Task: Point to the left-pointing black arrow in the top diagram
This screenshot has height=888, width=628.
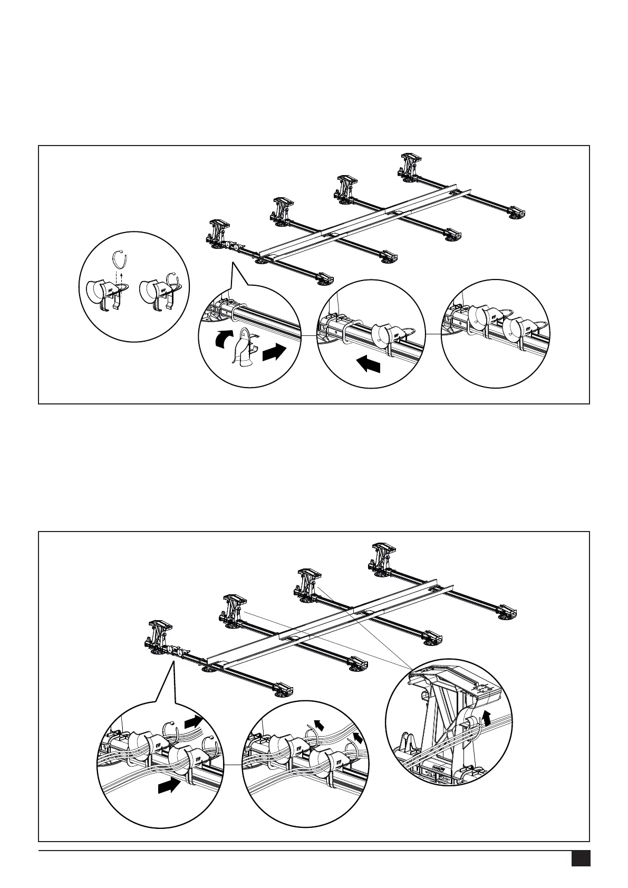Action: coord(369,364)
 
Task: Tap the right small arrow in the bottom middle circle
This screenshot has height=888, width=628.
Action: coord(358,737)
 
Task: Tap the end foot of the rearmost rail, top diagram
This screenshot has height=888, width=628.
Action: coord(516,213)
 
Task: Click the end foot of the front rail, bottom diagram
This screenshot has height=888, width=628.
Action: coord(283,689)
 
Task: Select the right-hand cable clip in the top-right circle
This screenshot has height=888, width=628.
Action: coord(514,331)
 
